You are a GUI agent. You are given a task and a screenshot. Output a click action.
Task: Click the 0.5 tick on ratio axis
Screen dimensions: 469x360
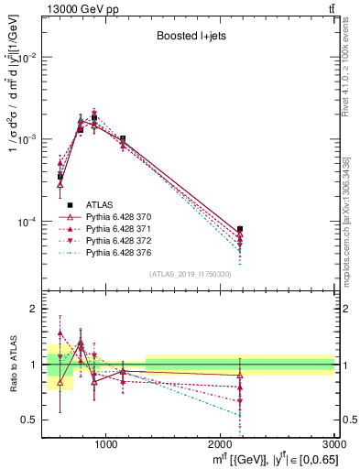[34, 420]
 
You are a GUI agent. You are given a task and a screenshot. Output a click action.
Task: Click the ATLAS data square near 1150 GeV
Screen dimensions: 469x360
[123, 138]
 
